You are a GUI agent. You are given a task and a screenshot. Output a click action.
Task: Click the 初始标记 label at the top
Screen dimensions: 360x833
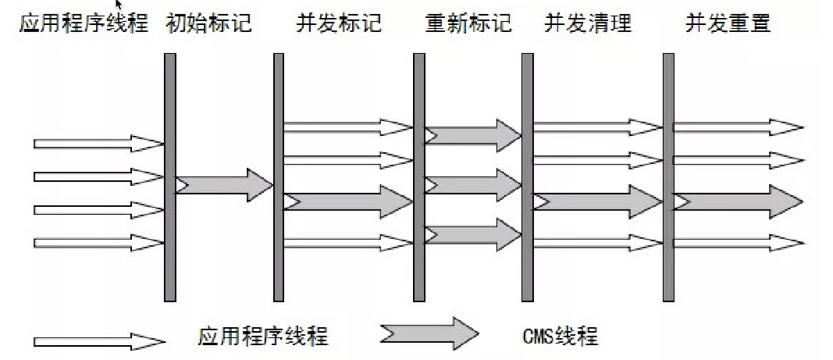209,23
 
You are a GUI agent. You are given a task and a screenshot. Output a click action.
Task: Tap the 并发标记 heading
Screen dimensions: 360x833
339,23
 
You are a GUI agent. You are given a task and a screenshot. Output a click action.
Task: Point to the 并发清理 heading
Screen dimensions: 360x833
587,23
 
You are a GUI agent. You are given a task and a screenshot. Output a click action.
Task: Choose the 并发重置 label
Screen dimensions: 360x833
728,23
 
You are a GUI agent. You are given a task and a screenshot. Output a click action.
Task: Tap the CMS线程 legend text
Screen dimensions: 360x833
558,337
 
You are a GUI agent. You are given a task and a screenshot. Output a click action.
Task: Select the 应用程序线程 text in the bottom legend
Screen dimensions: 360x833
263,337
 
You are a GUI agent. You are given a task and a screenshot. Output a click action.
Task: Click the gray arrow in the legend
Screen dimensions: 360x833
429,333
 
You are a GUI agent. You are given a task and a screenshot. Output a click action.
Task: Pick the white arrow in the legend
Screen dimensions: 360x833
99,341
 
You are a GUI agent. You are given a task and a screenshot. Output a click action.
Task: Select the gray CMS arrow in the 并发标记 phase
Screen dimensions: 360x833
348,201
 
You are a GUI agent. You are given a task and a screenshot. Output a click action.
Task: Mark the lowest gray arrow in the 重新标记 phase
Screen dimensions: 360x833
473,233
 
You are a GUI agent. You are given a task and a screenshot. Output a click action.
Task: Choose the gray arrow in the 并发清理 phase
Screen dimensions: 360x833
598,201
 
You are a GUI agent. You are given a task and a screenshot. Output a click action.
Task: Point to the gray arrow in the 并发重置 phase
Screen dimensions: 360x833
739,201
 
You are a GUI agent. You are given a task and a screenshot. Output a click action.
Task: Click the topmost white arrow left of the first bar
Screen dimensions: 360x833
98,144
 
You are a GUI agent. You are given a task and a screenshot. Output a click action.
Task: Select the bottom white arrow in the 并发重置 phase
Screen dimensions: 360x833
739,242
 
